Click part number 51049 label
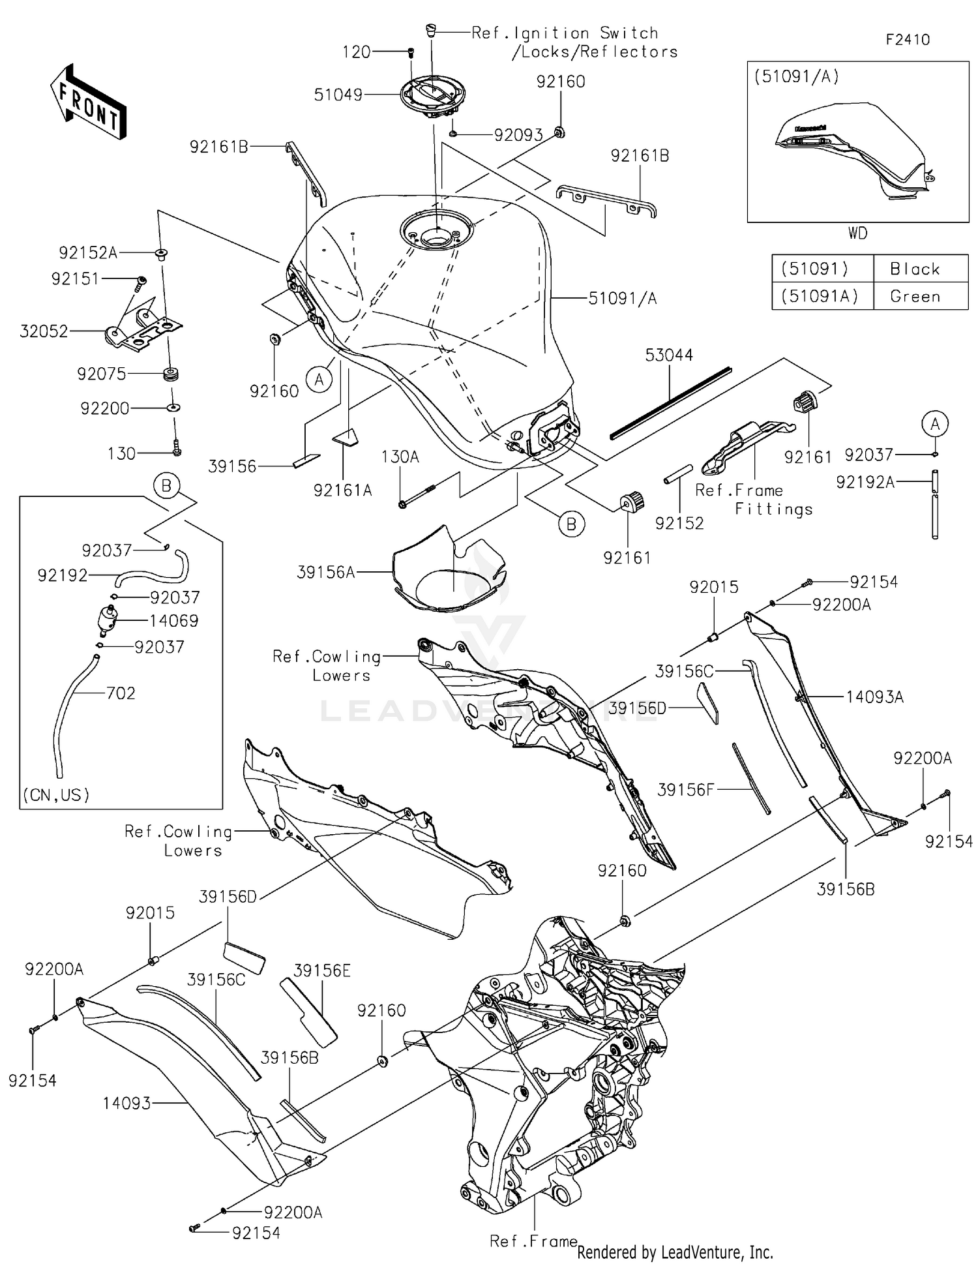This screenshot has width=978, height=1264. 338,95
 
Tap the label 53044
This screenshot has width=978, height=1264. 669,355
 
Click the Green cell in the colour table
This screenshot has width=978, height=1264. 915,297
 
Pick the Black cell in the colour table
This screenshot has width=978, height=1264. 915,269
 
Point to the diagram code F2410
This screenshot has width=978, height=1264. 907,40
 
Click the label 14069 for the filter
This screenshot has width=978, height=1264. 174,621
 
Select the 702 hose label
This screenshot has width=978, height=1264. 121,693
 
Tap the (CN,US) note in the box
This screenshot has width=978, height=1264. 56,795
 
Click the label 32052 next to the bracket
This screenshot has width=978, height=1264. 44,331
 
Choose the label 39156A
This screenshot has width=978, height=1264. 326,573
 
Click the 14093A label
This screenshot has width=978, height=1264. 874,697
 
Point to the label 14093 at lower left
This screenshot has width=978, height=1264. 126,1104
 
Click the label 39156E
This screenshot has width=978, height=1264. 322,971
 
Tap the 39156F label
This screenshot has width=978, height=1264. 685,790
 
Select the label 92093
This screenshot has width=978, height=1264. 518,135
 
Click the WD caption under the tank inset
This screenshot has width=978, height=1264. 857,233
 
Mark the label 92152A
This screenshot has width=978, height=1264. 88,253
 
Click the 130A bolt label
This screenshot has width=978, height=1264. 400,457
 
